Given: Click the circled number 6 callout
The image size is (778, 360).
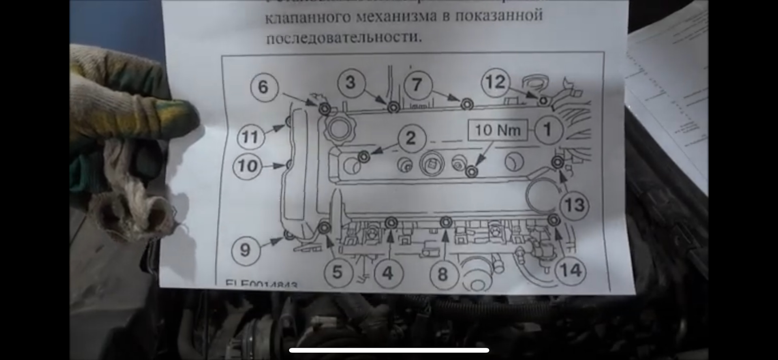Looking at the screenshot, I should [x=263, y=87].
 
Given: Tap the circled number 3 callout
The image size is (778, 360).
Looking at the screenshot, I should [x=351, y=83].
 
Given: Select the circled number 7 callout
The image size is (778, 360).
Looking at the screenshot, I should [x=417, y=85].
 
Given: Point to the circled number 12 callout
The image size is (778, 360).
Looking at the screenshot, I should [x=495, y=82].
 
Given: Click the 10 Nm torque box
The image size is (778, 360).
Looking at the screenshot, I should [x=498, y=130].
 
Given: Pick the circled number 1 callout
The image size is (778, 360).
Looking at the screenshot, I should [x=548, y=130].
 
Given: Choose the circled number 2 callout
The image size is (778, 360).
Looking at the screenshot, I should [x=411, y=138].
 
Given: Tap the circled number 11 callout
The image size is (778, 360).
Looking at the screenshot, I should [x=250, y=137].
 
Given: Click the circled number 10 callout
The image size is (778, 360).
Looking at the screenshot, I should [x=247, y=166].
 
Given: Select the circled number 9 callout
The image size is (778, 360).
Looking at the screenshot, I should [x=245, y=249].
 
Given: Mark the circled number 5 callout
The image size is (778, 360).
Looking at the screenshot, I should [x=337, y=272].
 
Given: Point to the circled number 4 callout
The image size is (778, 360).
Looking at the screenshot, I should [x=388, y=273].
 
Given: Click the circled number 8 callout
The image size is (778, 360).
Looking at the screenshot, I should [x=443, y=275].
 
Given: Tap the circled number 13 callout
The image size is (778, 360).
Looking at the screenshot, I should [x=574, y=205].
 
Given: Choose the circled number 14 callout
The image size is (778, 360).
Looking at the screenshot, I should [x=571, y=270].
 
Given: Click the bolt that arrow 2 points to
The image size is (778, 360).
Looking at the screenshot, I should [x=364, y=156].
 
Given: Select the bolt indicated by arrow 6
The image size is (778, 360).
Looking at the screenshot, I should [x=325, y=109].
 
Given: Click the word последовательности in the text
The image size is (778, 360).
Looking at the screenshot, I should [x=344, y=38].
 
